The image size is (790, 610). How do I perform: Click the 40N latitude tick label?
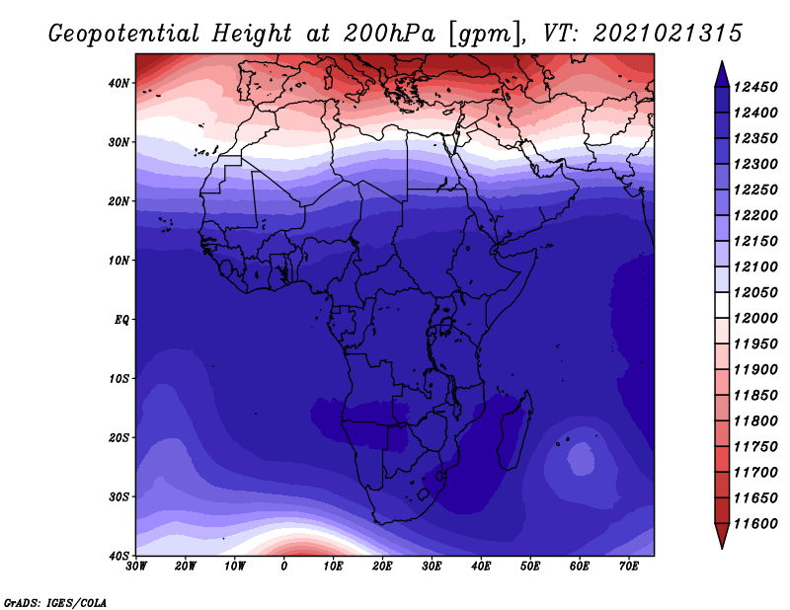point(118,83)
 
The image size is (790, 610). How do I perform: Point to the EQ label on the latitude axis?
point(121,320)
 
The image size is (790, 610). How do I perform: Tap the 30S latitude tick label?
point(118,497)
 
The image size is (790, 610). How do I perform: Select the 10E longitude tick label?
point(333,567)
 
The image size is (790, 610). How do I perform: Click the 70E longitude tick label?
point(629,567)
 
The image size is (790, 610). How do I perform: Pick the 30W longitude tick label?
point(136,567)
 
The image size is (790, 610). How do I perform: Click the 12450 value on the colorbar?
point(755,88)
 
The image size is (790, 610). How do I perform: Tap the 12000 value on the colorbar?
point(755,319)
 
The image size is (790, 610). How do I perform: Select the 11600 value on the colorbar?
point(755,524)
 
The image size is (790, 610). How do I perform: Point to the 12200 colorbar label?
point(755,215)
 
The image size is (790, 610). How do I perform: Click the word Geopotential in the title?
point(124,35)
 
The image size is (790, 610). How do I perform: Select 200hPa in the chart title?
point(390,34)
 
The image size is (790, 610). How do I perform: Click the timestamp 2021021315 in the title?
point(668,34)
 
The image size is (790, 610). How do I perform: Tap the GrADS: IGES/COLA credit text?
point(55,603)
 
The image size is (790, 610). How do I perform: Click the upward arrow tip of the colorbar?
point(722,62)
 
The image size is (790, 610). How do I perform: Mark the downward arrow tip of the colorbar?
point(722,549)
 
